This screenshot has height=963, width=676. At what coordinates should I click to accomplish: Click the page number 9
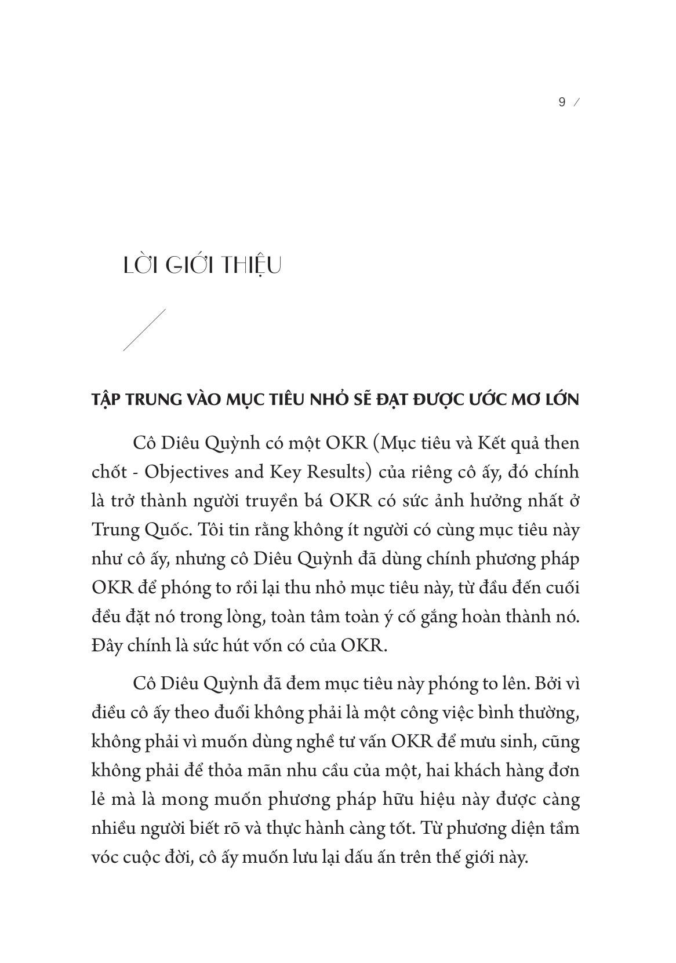(561, 103)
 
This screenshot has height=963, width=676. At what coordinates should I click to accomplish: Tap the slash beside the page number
(576, 103)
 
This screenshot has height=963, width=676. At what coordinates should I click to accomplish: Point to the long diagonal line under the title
(144, 330)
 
